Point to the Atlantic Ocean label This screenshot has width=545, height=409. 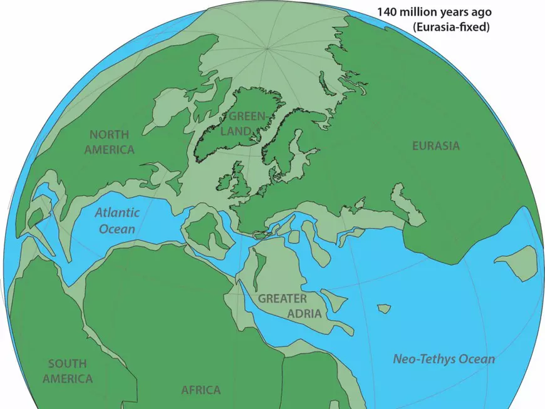tap(117, 220)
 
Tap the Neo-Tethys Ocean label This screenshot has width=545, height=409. tap(444, 360)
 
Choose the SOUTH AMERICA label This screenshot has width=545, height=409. tap(67, 371)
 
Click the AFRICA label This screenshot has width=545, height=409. tap(200, 390)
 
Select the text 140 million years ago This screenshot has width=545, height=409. tap(433, 12)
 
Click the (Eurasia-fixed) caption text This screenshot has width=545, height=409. tap(450, 27)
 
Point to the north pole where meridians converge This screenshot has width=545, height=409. tap(267, 48)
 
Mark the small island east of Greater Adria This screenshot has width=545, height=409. tap(383, 309)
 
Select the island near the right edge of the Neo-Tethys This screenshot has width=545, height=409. tap(519, 262)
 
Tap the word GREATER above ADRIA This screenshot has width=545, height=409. tap(283, 299)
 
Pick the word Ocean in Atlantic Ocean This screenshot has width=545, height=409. tap(117, 229)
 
